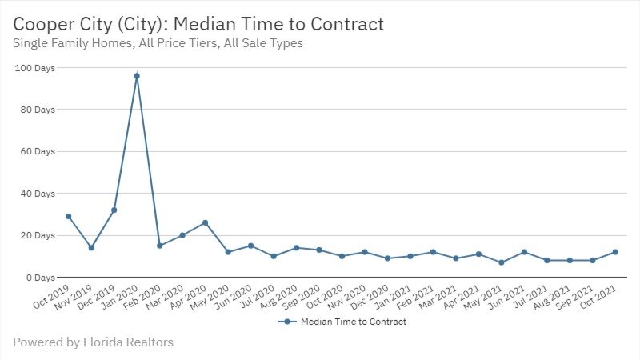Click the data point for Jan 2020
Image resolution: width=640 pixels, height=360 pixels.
(137, 76)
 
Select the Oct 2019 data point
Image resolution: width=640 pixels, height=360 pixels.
(69, 216)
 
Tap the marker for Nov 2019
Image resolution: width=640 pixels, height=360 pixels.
(91, 248)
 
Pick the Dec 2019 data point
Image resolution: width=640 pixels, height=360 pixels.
(114, 210)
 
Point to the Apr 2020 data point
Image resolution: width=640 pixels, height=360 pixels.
(206, 222)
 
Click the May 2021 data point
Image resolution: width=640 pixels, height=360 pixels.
(502, 262)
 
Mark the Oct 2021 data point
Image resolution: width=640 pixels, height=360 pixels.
(616, 252)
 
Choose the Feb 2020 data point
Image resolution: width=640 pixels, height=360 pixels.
(160, 246)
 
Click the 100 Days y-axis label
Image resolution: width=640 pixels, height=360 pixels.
(35, 68)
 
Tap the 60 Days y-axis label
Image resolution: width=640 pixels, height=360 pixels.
(38, 151)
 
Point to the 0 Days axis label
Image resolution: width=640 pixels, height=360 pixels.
(40, 278)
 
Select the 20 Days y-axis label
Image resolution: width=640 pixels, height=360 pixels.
(38, 235)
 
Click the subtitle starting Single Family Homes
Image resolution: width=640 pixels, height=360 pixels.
(158, 43)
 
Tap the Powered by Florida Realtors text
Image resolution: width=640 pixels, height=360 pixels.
(93, 342)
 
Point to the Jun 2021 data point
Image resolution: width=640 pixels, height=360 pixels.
(525, 252)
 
